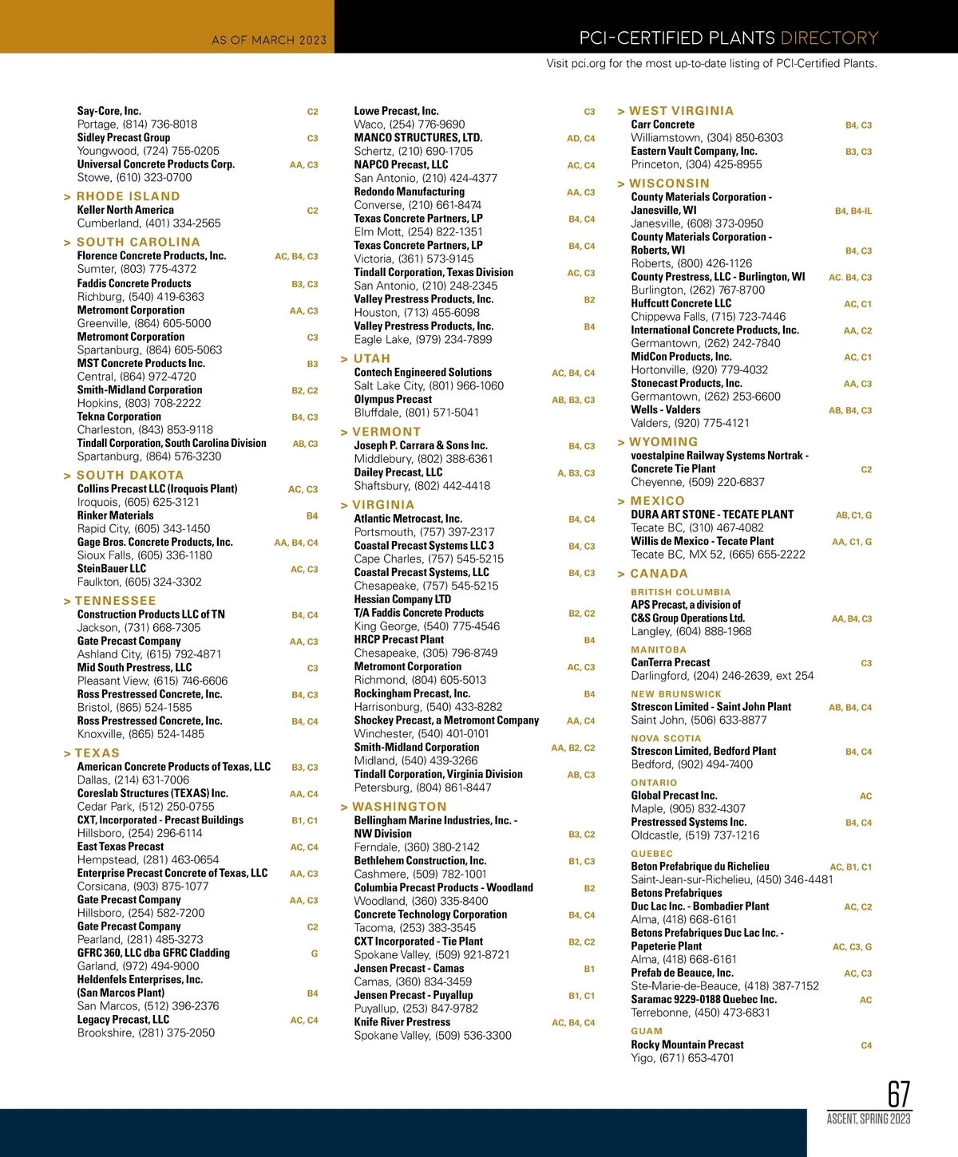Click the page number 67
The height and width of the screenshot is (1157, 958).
pos(898,1093)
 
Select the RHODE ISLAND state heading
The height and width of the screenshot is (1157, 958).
pos(128,196)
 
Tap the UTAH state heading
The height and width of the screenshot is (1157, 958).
pos(371,359)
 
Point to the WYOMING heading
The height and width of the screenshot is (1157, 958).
pos(663,442)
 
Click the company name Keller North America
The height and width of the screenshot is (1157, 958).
pos(125,210)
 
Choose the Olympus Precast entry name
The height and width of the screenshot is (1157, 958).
pos(393,399)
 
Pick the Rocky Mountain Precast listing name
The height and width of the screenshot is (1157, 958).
pos(687,1044)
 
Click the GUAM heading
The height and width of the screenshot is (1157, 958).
pos(647,1031)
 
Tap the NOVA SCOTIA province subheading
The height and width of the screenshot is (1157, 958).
pos(666,739)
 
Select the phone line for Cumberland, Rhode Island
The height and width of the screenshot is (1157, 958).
pos(148,223)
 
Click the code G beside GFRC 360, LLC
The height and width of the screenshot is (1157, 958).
pos(315,954)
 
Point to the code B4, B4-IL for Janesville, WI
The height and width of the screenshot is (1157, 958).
pos(853,211)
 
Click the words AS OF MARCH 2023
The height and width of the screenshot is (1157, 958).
pos(269,40)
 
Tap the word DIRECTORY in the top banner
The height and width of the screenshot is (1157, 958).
pos(829,38)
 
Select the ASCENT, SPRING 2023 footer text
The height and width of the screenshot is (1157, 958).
pos(869,1119)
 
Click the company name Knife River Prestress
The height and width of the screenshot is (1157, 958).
pos(402,1022)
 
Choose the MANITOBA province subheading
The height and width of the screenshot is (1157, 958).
pos(659,650)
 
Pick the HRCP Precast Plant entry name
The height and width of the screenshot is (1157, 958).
pos(399,639)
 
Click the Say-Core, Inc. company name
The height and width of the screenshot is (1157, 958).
pos(109,111)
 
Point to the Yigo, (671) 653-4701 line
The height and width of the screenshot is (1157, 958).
pos(682,1058)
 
